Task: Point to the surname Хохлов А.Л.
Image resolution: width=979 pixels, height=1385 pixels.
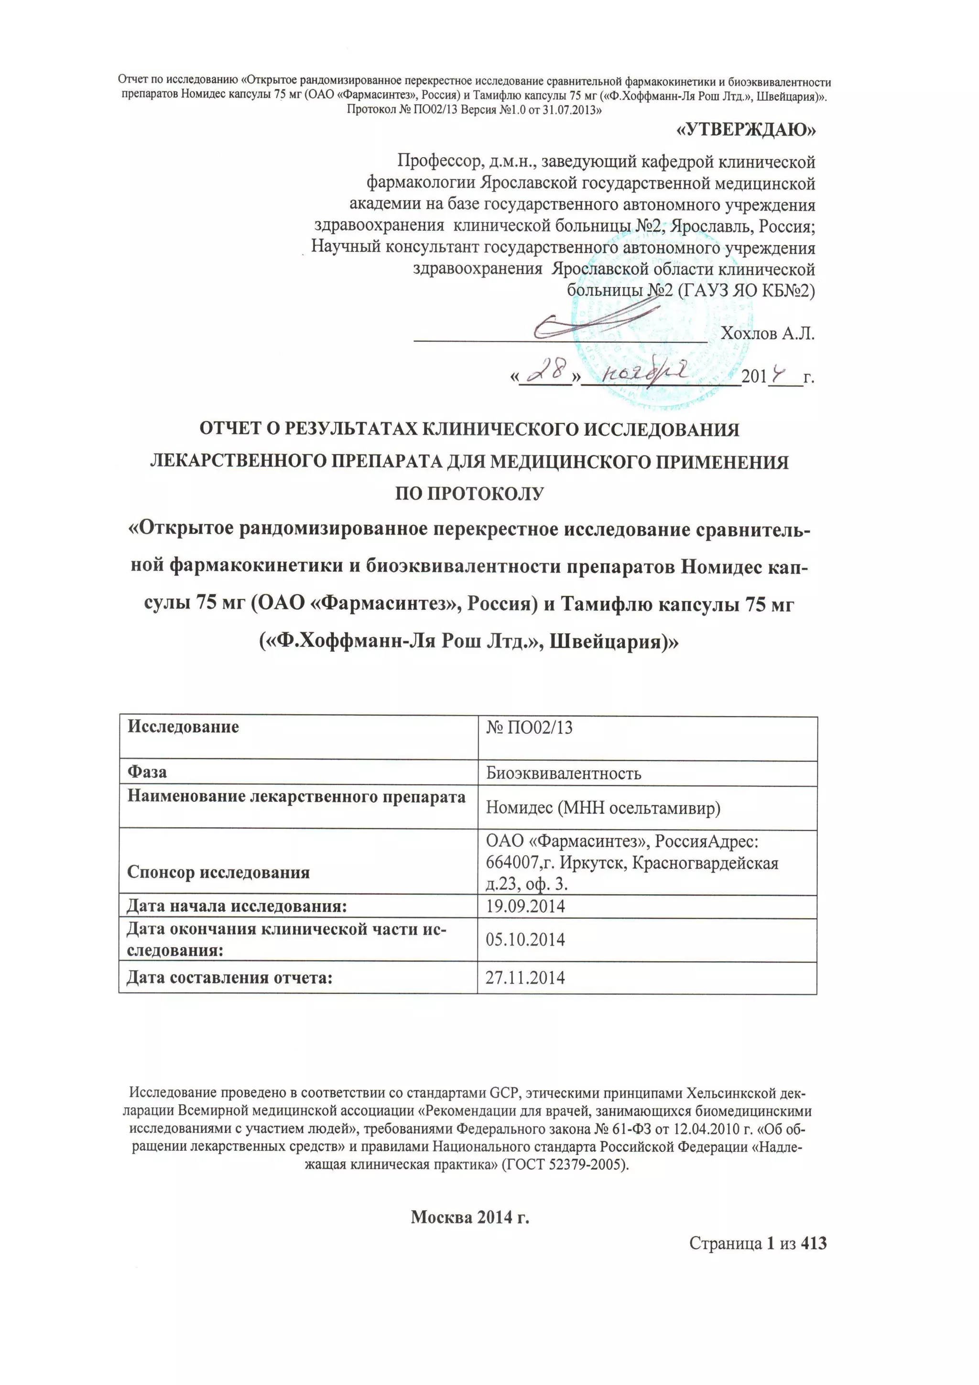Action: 768,334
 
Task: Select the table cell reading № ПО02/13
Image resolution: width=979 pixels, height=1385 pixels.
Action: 529,728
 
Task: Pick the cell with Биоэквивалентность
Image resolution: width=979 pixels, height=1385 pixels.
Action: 564,773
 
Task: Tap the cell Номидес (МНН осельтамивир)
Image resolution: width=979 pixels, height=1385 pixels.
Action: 603,808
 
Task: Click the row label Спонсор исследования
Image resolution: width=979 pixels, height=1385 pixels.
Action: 218,872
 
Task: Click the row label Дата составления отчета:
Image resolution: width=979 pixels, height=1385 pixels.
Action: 229,978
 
